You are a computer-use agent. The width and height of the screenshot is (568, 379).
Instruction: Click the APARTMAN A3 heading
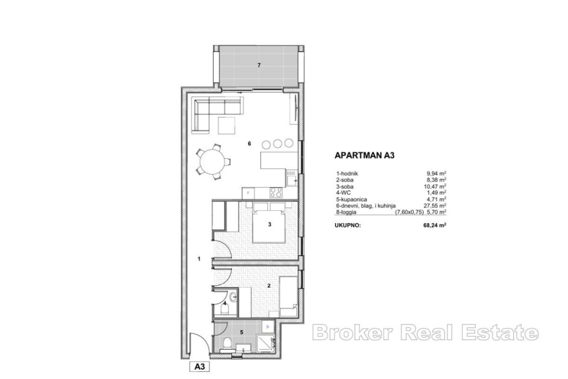(364, 155)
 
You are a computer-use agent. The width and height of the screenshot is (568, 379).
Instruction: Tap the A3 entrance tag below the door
(200, 366)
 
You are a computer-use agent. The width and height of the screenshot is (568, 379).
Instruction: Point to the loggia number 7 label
(258, 65)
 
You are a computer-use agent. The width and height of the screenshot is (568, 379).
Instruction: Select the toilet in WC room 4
(225, 309)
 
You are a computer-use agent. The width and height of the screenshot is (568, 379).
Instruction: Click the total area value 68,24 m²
(435, 225)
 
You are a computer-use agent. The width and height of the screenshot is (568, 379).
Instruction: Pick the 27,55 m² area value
(435, 205)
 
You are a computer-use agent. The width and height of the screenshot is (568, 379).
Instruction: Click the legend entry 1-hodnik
(347, 173)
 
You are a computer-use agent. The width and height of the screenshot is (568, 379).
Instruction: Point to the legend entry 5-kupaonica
(351, 199)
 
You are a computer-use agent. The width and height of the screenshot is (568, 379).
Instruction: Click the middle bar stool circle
(278, 144)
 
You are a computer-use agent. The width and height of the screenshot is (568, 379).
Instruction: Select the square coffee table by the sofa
(227, 125)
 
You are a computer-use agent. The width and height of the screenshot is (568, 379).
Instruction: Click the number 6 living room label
(249, 144)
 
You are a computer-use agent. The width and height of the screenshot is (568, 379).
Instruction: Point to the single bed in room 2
(288, 296)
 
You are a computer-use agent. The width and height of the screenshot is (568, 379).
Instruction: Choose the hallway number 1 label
(199, 259)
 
